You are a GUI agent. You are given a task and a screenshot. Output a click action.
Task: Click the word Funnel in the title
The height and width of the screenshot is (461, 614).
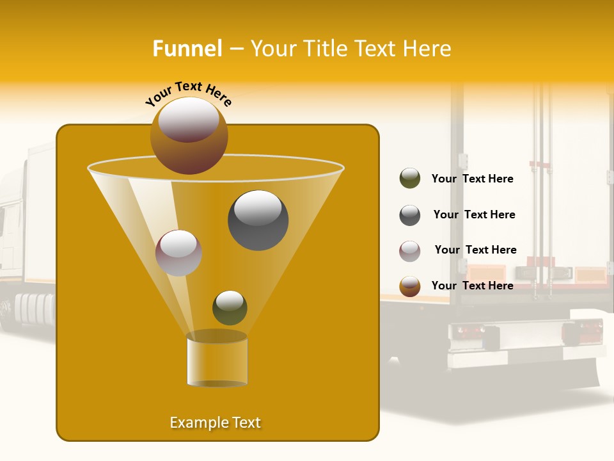coord(187,49)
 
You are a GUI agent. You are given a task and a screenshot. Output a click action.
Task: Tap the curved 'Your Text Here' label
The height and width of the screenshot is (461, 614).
coord(189,93)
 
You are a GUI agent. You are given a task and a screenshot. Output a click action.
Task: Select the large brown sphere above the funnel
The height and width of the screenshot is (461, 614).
coord(189,135)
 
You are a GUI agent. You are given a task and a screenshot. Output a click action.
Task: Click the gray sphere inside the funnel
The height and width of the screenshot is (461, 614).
coord(258,220)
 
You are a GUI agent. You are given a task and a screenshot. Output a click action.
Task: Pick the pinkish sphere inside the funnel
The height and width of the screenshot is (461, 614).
coord(178,253)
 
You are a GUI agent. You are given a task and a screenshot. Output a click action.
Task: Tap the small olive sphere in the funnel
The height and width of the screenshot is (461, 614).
coord(230,307)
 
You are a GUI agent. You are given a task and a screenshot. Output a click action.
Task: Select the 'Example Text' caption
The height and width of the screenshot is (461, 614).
coord(215,423)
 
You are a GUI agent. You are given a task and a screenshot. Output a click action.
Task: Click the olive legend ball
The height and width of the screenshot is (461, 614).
coord(410,179)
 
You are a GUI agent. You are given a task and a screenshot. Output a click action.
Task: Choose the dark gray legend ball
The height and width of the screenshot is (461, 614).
coord(410,215)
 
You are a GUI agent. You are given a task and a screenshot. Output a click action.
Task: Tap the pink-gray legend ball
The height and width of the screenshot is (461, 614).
coord(410,251)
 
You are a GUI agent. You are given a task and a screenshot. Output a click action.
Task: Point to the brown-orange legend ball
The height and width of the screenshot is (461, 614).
coord(410,286)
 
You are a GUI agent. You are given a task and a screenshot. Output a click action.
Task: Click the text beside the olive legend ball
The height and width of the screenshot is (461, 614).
coord(472,179)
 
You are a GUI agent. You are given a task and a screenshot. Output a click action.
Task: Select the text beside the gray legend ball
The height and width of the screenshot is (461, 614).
coord(474,215)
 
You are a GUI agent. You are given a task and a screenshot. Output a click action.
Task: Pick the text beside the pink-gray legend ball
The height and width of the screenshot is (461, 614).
coord(475,250)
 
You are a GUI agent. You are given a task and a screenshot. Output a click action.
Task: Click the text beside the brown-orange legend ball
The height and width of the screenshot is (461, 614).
coord(472,286)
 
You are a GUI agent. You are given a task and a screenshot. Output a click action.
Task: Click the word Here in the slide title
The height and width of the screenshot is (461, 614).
coord(425,49)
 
